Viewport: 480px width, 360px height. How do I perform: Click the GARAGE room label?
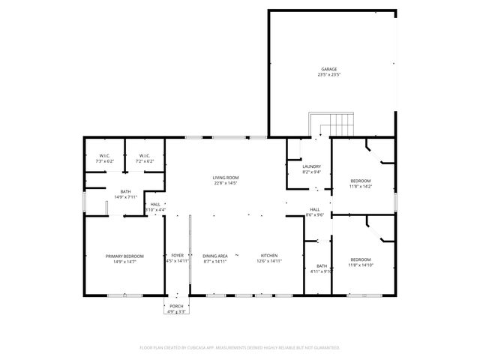328,70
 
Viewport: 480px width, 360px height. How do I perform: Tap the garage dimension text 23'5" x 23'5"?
328,75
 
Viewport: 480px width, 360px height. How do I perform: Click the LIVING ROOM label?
226,178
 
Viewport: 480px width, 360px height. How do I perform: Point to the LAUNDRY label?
312,166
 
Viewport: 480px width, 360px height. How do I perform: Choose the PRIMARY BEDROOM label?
124,256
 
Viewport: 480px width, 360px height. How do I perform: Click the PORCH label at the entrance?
176,306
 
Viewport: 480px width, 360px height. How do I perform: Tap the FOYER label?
178,256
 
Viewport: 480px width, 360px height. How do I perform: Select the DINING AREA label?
215,256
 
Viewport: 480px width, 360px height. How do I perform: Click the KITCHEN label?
269,256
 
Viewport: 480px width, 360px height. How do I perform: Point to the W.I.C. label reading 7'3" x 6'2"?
104,156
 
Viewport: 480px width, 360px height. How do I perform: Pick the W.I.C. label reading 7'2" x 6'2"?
145,156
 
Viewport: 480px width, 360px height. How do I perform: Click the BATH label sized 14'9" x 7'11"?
124,192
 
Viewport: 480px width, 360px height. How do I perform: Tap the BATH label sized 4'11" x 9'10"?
322,266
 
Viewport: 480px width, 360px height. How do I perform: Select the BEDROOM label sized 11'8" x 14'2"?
361,181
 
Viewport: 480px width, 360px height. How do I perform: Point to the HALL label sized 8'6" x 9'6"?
315,210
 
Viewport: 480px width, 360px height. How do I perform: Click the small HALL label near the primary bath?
155,204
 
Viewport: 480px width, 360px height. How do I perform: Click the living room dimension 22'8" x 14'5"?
226,183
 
